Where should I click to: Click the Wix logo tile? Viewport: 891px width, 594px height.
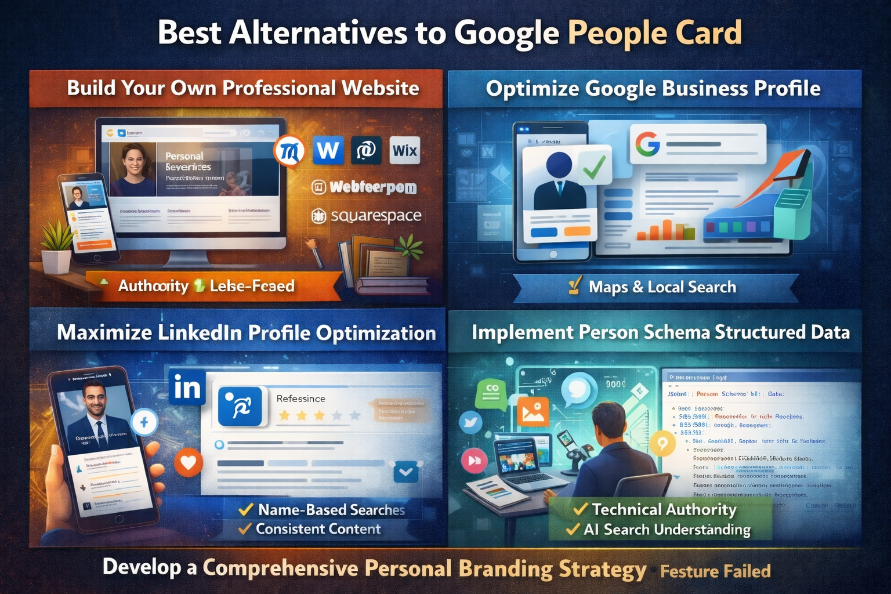click(404, 151)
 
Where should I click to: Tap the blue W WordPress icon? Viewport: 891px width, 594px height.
click(328, 151)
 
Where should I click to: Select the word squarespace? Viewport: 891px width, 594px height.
click(376, 216)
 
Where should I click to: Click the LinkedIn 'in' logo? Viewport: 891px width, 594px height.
click(187, 387)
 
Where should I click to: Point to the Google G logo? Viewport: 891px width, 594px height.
click(647, 144)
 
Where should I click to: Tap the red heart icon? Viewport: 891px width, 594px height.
click(189, 462)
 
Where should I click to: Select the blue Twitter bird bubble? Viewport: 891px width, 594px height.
click(470, 422)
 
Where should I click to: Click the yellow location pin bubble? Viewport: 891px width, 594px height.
click(662, 444)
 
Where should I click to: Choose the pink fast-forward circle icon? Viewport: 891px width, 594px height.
click(474, 461)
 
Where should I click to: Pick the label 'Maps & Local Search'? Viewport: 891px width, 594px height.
click(662, 287)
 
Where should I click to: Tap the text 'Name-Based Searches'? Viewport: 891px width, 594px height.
click(331, 510)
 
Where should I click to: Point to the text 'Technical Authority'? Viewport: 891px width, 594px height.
click(664, 509)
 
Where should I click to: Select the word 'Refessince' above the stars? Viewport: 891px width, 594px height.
click(300, 399)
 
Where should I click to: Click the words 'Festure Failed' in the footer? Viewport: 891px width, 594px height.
click(715, 571)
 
